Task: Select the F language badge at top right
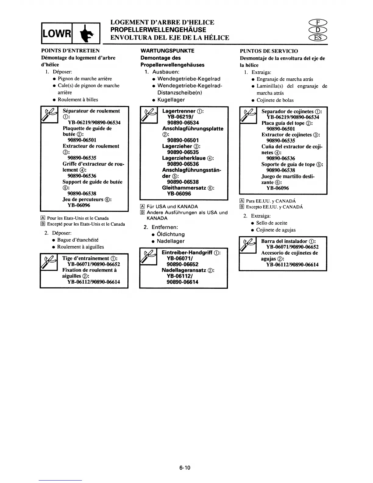pos(318,22)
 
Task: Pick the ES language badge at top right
pos(318,38)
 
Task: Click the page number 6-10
pos(185,468)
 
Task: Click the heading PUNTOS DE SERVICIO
pos(269,51)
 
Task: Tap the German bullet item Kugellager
pos(171,100)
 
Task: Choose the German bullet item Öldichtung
pos(171,234)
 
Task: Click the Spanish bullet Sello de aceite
pos(272,223)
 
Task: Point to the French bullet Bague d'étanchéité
pos(78,240)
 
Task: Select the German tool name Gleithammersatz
pos(184,188)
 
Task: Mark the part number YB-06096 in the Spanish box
pos(278,188)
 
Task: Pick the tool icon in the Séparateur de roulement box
pos(49,114)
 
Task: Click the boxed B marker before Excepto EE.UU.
pos(242,207)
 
